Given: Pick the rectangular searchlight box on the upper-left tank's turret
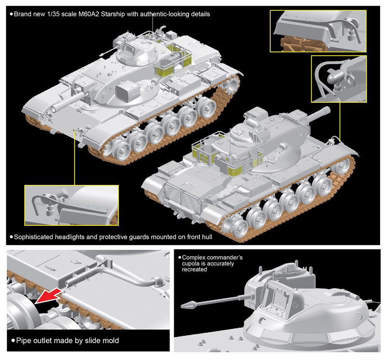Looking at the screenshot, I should pyautogui.click(x=128, y=90).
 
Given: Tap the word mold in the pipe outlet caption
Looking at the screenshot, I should pyautogui.click(x=109, y=341).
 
